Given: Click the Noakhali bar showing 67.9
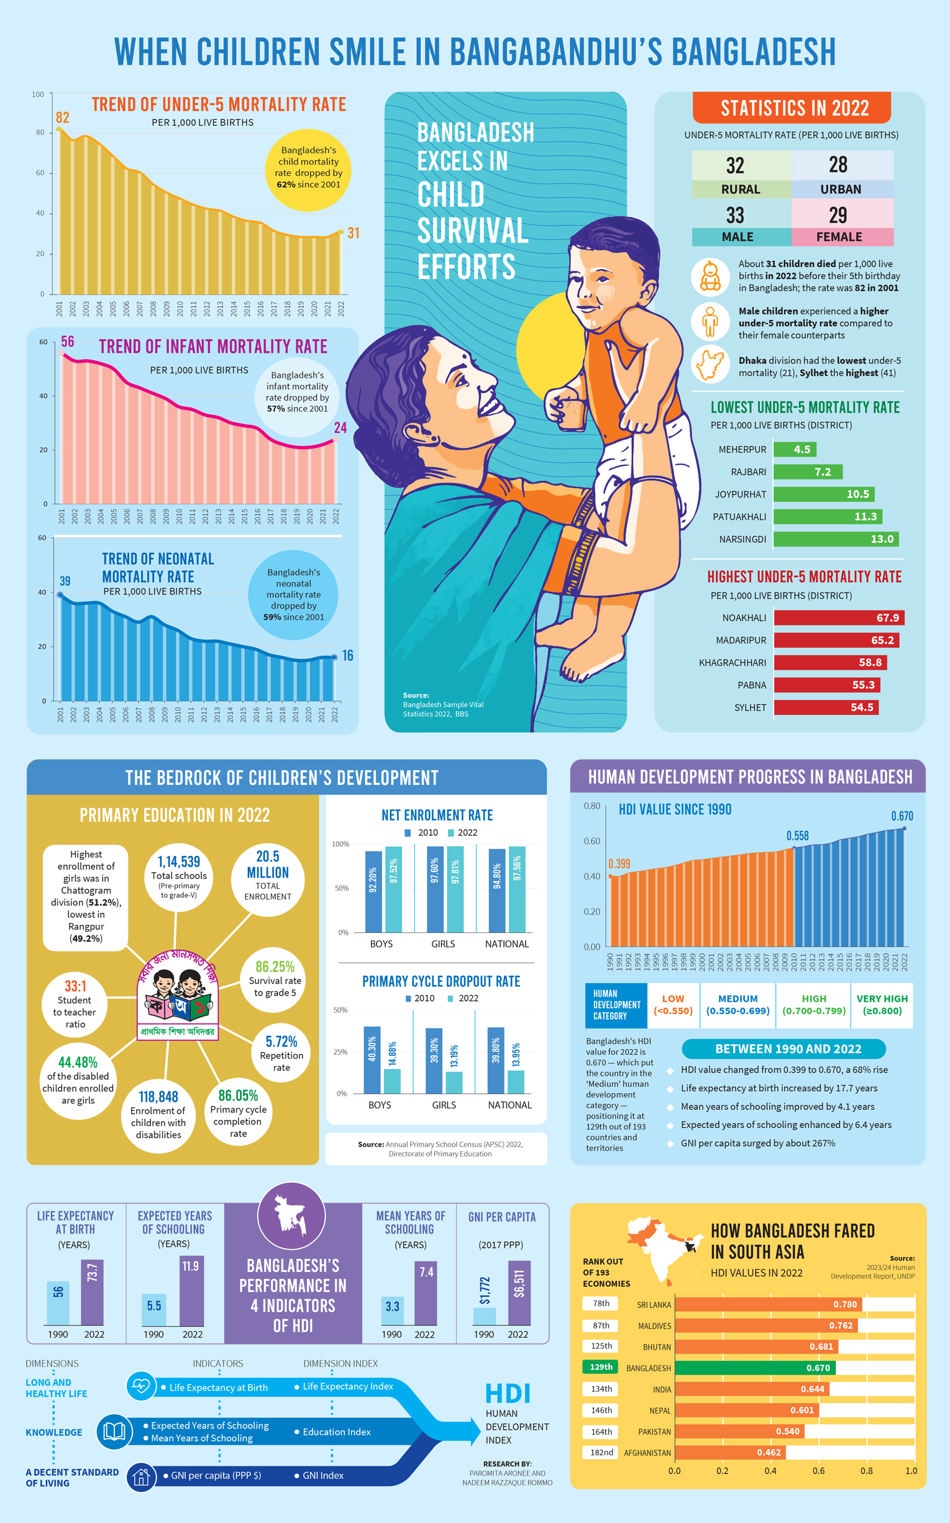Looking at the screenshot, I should tap(838, 618).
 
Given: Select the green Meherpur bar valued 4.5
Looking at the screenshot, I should tap(795, 450).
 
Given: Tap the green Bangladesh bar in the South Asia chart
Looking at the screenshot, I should tap(754, 1368).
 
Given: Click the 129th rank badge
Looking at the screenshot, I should tap(601, 1367).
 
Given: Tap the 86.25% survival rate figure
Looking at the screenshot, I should tap(275, 967).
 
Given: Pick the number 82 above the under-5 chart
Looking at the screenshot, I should tap(62, 117).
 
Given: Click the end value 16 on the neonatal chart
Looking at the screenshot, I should tap(347, 656).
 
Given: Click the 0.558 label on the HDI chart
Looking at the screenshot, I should tap(797, 835).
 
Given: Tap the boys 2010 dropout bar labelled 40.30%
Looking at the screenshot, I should tap(372, 1060).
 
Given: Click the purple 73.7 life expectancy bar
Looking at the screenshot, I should tap(93, 1292).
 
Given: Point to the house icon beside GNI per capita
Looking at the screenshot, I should tap(142, 1477).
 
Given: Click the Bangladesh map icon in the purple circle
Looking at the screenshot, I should tap(291, 1216).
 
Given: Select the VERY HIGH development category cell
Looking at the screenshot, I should tap(882, 1005).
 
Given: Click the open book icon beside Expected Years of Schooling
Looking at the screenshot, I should tap(114, 1432).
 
